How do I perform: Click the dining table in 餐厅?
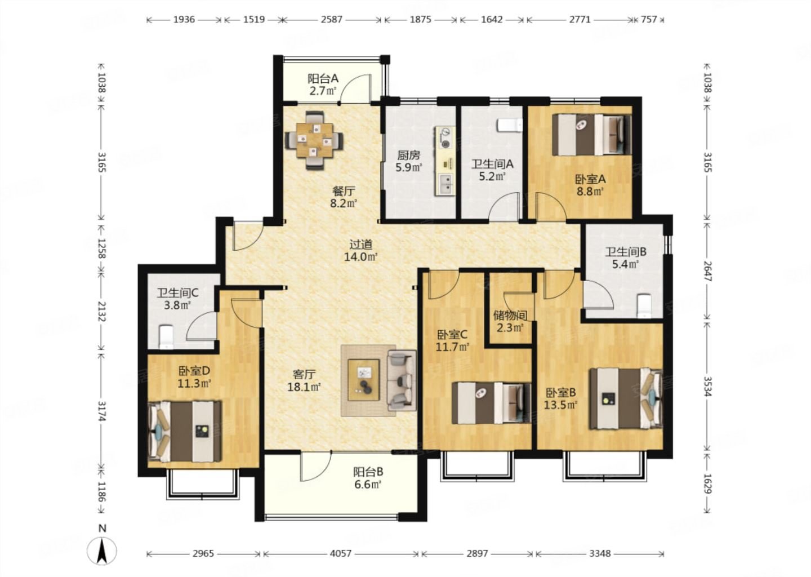coord(314,140)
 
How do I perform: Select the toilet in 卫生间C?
coord(166,337)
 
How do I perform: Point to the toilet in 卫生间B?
coord(644,306)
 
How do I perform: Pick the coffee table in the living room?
coord(363,380)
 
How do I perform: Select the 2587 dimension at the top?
coord(331,20)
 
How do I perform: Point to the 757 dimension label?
coord(649,20)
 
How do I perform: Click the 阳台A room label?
coord(323,78)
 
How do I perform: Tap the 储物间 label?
coord(510,315)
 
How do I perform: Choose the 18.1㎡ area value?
coord(304,387)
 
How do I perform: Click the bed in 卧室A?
coord(592,135)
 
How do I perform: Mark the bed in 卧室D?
coord(185,431)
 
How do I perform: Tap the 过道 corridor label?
coord(360,245)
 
